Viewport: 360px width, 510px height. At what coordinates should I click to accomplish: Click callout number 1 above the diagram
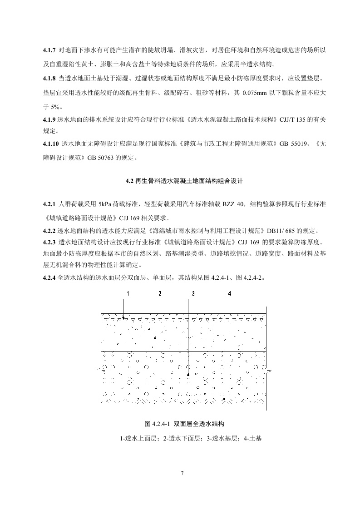tap(128, 294)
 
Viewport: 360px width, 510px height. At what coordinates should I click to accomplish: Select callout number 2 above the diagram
tap(160, 294)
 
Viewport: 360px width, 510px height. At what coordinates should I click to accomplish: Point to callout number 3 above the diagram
tap(193, 294)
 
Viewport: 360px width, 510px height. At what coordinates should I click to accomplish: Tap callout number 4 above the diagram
tap(230, 294)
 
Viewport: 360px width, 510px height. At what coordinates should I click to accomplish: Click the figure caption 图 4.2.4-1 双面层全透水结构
tap(184, 424)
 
